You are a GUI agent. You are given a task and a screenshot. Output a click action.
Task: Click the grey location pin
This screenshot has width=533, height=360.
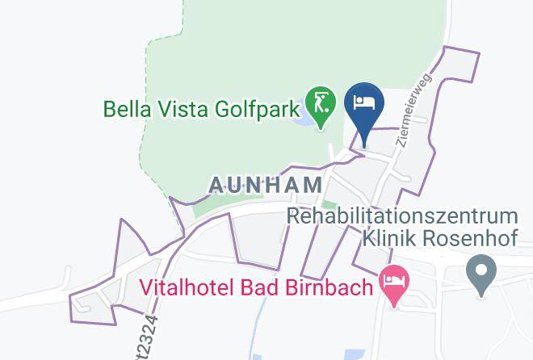tap(481, 272)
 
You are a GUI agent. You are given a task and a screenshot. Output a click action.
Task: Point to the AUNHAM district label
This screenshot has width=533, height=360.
tap(266, 185)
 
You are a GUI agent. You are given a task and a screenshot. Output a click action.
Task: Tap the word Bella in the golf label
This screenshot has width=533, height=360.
tap(126, 108)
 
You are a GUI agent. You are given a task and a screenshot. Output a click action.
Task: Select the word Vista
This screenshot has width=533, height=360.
tap(181, 108)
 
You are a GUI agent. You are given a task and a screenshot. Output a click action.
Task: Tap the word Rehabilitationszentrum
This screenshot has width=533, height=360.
tap(402, 216)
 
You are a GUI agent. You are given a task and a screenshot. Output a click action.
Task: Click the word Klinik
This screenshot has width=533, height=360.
tap(392, 238)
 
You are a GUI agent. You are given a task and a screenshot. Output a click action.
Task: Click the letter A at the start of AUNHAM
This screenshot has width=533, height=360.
tap(217, 185)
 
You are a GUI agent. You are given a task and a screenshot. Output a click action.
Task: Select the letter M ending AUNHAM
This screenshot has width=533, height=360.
tap(313, 185)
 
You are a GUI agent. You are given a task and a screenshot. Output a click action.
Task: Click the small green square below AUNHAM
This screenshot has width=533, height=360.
tap(326, 206)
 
